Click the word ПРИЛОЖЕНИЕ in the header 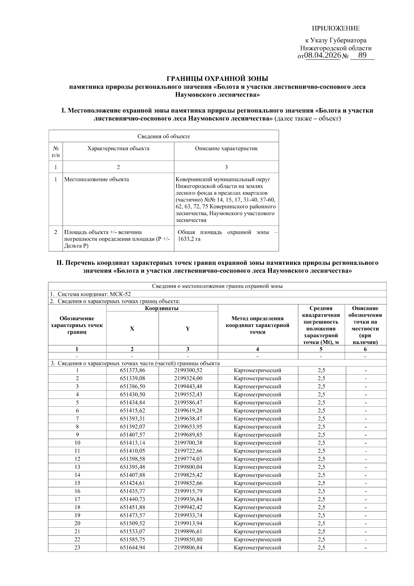(x=336, y=28)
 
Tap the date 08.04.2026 (x=323, y=56)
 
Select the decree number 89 (x=362, y=55)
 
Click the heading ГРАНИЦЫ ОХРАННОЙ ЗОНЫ (x=217, y=79)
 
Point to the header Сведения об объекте (x=164, y=136)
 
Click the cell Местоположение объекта (x=97, y=179)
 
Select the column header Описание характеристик (x=226, y=148)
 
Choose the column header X (x=132, y=329)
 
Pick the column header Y (x=188, y=329)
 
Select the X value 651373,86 (x=132, y=370)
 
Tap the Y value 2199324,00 (x=188, y=378)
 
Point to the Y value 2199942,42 (x=188, y=507)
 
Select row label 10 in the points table (x=77, y=443)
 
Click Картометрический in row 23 (x=257, y=547)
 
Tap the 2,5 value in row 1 (x=321, y=370)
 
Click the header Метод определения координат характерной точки (x=257, y=325)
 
